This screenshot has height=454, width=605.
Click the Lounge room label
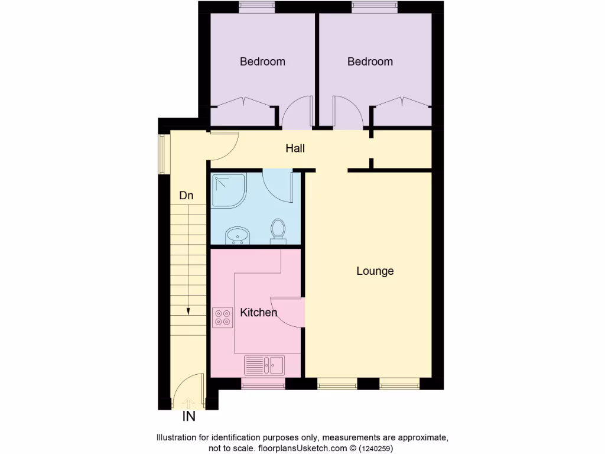point(375,271)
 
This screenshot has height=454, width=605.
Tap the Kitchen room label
point(259,312)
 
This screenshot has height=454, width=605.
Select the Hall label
point(295,148)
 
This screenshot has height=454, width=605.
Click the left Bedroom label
point(262,61)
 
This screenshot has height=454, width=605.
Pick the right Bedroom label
point(370,61)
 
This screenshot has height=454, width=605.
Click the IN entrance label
point(188,417)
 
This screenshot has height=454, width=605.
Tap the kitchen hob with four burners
point(223,317)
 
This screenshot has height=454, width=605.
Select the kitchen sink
point(265,365)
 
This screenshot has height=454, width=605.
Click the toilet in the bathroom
point(278,231)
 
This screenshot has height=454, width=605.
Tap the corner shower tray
point(227,190)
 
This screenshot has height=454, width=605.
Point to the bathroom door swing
point(278,186)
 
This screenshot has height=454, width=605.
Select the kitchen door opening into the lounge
point(290,311)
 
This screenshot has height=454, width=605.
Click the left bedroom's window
point(257,8)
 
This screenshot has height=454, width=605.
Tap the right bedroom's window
point(375,8)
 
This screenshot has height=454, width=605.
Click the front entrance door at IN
point(188,393)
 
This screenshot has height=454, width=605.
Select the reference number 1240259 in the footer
point(375,449)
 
